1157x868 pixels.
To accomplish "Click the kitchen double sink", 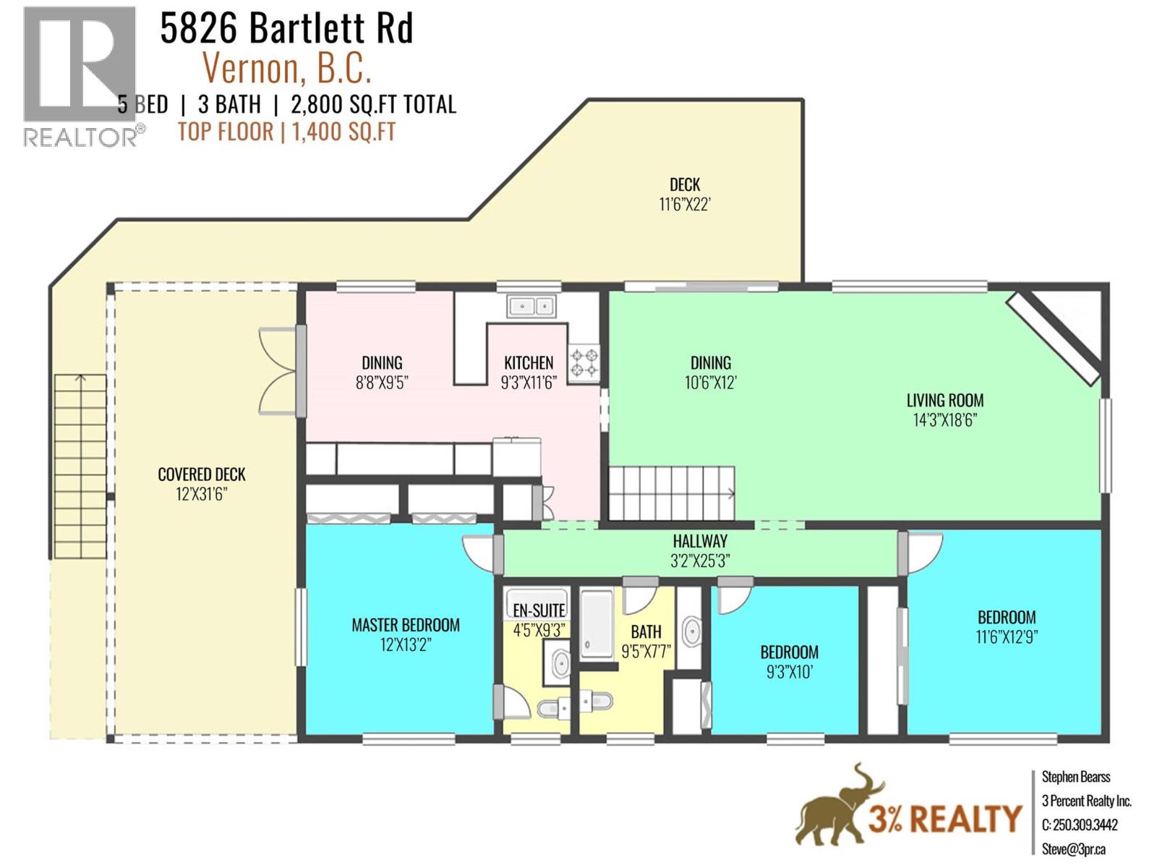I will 531,307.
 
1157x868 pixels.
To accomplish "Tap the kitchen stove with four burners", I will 584,362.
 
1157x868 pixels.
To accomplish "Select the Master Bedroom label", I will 405,625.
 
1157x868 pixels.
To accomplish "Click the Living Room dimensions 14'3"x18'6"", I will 944,420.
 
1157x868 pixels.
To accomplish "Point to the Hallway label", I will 700,541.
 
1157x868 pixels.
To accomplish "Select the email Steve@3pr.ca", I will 1073,849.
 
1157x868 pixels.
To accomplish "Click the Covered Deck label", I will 202,475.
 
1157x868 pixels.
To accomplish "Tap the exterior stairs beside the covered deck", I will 80,467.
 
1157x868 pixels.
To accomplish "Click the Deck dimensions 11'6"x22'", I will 684,205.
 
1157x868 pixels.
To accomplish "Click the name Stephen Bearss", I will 1075,777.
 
